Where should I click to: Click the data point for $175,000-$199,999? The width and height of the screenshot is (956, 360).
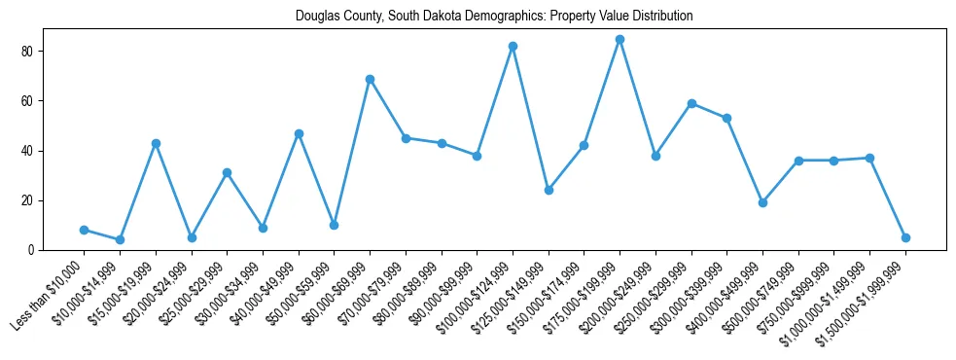(620, 40)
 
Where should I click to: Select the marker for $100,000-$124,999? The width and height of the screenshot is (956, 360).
(513, 47)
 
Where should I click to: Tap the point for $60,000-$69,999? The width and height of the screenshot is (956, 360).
(370, 79)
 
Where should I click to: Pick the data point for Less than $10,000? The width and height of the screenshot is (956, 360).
(84, 230)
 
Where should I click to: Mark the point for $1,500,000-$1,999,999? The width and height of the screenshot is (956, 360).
(905, 237)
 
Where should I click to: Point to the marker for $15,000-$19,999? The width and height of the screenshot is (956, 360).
(156, 143)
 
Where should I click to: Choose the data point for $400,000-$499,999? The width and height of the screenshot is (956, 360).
(762, 202)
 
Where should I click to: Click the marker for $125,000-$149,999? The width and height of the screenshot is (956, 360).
(549, 190)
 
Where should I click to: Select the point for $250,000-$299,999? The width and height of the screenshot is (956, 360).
(691, 103)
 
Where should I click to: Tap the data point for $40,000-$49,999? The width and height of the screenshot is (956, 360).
(299, 133)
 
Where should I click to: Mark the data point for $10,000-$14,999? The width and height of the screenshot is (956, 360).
(120, 239)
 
